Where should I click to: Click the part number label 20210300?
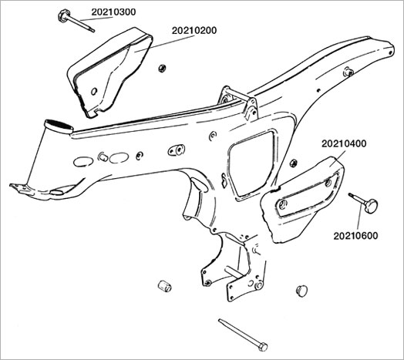coord(113,12)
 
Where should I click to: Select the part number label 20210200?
coord(194,30)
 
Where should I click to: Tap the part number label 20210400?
coord(344,143)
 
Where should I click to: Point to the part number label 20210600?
coord(355,236)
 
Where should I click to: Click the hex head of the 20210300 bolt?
coord(63,16)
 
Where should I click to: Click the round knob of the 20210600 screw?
coord(371,206)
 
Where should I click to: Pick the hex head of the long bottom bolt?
coord(263,346)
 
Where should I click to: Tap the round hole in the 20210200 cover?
coord(94,91)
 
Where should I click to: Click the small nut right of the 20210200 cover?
coord(162,69)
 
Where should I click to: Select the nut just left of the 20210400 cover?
coord(293,163)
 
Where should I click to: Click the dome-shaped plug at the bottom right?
coord(301,291)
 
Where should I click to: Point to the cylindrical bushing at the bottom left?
coord(165,286)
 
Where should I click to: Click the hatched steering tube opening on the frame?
coord(59,126)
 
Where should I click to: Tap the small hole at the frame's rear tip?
coord(391,53)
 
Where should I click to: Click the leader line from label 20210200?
coord(165,44)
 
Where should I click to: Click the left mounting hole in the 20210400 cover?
coord(283,204)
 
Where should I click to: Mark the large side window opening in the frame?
coord(251,164)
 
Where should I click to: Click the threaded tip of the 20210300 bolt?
coord(93,30)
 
